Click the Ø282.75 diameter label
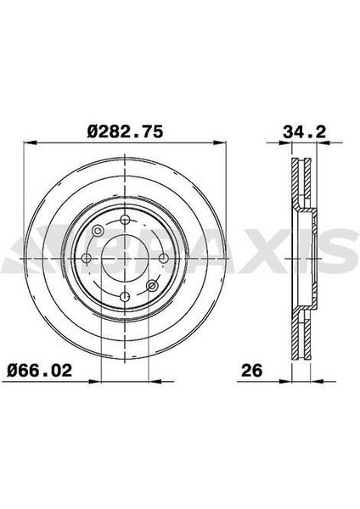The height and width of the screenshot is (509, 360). (125, 131)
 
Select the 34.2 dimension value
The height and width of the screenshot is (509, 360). (304, 132)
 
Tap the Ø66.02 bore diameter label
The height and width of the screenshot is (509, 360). (40, 371)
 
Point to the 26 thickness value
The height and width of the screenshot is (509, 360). (252, 371)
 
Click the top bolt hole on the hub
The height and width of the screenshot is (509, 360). (125, 221)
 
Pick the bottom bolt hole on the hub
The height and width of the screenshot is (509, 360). (125, 296)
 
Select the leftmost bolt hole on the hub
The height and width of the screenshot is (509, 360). (87, 259)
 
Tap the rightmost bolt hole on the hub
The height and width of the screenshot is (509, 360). (163, 259)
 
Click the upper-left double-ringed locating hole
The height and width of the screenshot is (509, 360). (98, 232)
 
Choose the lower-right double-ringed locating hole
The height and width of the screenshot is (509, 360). (152, 286)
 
